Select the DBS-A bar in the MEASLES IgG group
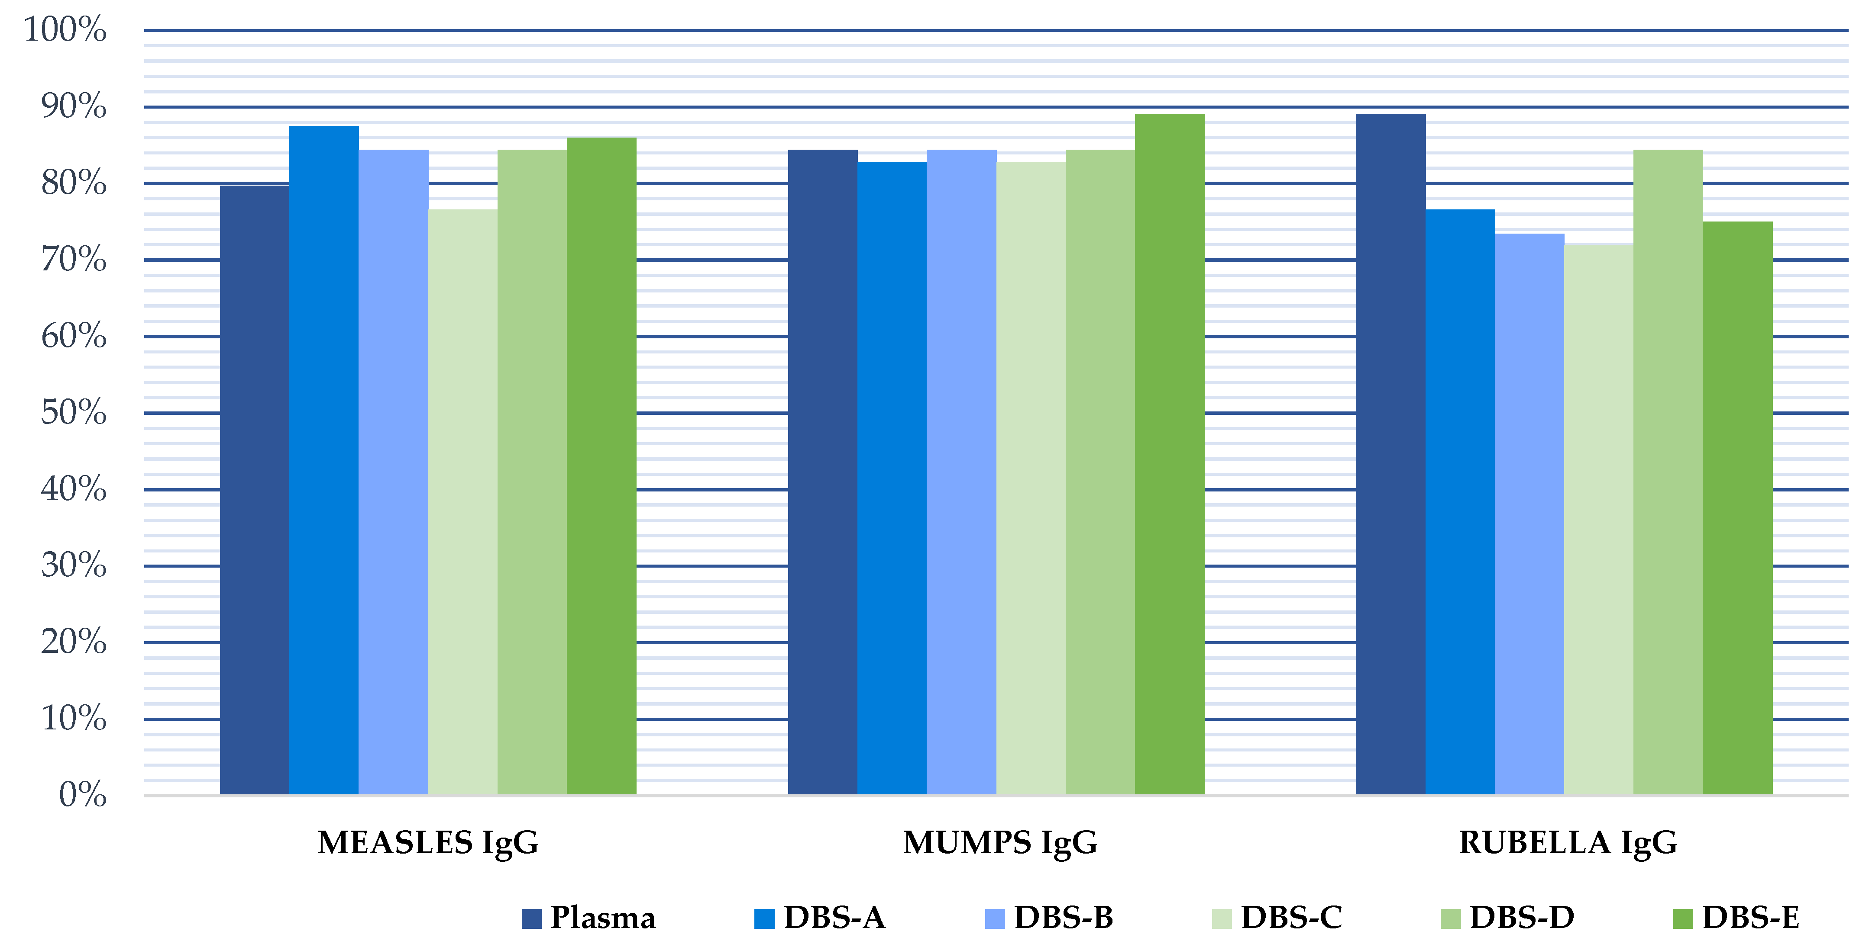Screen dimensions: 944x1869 [323, 460]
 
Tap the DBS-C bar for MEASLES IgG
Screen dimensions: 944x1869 [462, 502]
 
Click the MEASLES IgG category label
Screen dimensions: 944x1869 [428, 842]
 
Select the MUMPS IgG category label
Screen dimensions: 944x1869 [1000, 842]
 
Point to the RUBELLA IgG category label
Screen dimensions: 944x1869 [1568, 842]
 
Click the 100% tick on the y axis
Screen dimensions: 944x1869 [65, 30]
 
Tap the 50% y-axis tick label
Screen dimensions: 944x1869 [73, 413]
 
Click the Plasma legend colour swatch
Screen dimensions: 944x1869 [531, 918]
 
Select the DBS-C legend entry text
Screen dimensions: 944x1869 [1291, 918]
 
